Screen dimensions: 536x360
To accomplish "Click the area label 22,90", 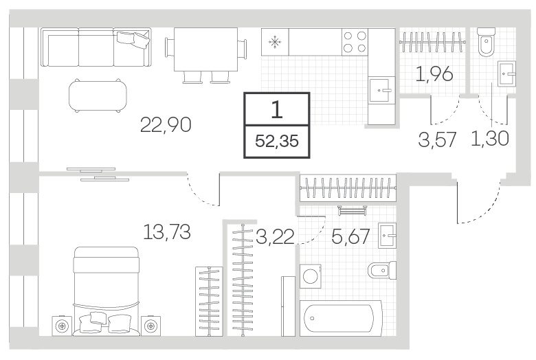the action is click(x=166, y=124).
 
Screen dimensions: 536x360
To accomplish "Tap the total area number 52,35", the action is click(x=277, y=141).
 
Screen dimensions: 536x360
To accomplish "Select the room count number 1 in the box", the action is click(x=276, y=110).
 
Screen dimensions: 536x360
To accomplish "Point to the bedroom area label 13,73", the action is click(x=166, y=232).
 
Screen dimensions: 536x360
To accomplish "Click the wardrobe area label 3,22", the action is click(x=275, y=236).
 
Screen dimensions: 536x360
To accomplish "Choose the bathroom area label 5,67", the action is click(x=350, y=236).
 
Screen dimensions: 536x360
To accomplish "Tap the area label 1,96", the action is click(x=434, y=74).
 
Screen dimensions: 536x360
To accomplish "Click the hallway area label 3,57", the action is click(x=437, y=139).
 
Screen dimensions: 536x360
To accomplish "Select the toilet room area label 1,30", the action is click(x=489, y=139).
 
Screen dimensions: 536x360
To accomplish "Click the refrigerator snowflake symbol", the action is click(x=275, y=43).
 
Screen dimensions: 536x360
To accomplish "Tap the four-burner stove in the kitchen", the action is click(x=355, y=42).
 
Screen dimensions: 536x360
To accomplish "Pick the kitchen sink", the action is click(x=382, y=90).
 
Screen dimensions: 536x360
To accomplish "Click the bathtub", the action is click(x=340, y=318).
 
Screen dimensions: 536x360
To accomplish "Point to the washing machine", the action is click(x=311, y=275).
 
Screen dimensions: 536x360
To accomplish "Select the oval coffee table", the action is click(x=98, y=95).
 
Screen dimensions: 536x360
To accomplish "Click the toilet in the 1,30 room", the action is click(x=487, y=42).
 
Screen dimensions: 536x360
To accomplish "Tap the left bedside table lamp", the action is click(x=62, y=326).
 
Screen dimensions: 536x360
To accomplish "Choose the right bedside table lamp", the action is click(x=150, y=326).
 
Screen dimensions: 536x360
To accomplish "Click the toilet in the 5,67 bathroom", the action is click(x=382, y=271).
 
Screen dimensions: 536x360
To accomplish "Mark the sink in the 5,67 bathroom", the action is click(x=388, y=235).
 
